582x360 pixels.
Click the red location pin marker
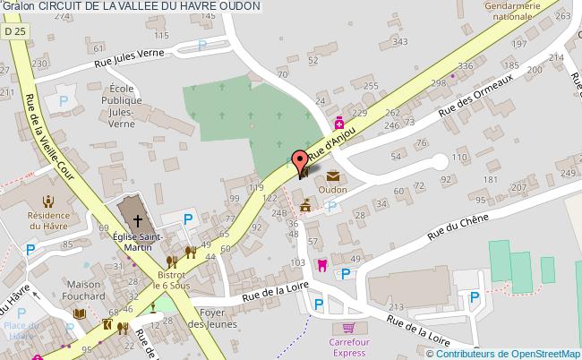click(301, 161)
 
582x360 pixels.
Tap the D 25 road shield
click(13, 30)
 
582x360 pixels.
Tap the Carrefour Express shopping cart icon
click(349, 328)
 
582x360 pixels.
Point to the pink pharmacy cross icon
click(338, 123)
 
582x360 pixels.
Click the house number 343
click(400, 42)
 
